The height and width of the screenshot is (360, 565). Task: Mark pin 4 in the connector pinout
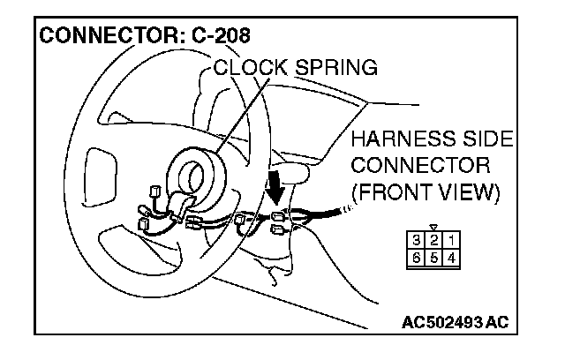[x=452, y=258]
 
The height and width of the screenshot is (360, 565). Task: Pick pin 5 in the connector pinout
[x=433, y=258]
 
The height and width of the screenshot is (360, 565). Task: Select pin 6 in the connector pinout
[x=416, y=258]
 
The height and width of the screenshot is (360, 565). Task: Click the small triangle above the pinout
[x=433, y=227]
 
